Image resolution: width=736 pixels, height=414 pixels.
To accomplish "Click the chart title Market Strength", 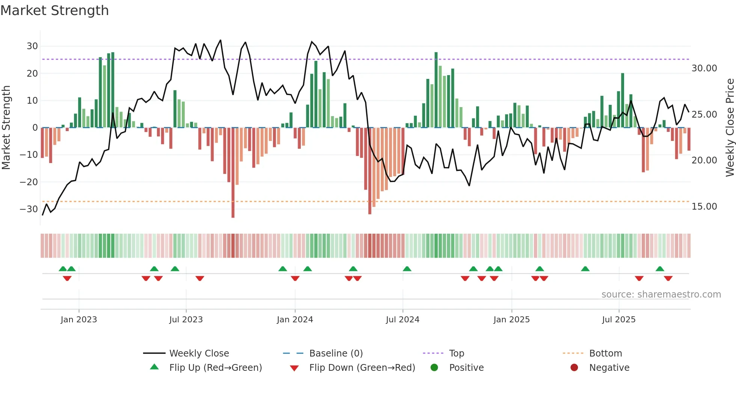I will (x=54, y=11).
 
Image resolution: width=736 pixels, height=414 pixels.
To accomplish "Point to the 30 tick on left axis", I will (x=32, y=46).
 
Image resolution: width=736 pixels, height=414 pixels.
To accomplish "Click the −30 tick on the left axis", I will (x=29, y=209).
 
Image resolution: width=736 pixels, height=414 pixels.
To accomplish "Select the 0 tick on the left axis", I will (x=35, y=128).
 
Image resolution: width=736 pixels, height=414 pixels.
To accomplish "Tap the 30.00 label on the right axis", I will (x=704, y=68).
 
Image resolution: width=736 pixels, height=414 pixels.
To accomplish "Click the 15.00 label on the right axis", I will (x=704, y=207).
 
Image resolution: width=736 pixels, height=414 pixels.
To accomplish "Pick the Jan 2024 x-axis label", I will (x=295, y=320).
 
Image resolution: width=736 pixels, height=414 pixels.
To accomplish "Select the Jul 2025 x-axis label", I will (x=618, y=320).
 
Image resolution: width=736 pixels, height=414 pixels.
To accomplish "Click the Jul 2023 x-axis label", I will (x=186, y=320).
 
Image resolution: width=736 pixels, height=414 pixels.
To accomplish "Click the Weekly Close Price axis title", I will (x=730, y=128).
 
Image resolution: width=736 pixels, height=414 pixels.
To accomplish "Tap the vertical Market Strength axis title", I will (x=6, y=128).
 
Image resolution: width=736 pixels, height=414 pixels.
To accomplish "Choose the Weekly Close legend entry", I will (x=199, y=354).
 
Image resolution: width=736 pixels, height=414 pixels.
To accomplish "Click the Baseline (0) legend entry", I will (x=336, y=354).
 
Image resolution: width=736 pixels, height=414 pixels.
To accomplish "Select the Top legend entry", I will (x=456, y=354).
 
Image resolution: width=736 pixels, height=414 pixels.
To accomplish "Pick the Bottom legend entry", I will (x=605, y=354).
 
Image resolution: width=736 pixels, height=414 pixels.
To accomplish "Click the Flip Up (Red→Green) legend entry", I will (x=215, y=368).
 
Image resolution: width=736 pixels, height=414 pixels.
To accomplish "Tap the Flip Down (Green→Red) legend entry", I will (x=362, y=368).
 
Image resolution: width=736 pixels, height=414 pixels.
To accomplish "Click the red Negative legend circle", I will (x=574, y=368).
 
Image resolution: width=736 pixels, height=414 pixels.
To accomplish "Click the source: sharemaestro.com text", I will (x=661, y=295).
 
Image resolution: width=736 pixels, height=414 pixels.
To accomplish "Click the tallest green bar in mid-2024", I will (x=436, y=90).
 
